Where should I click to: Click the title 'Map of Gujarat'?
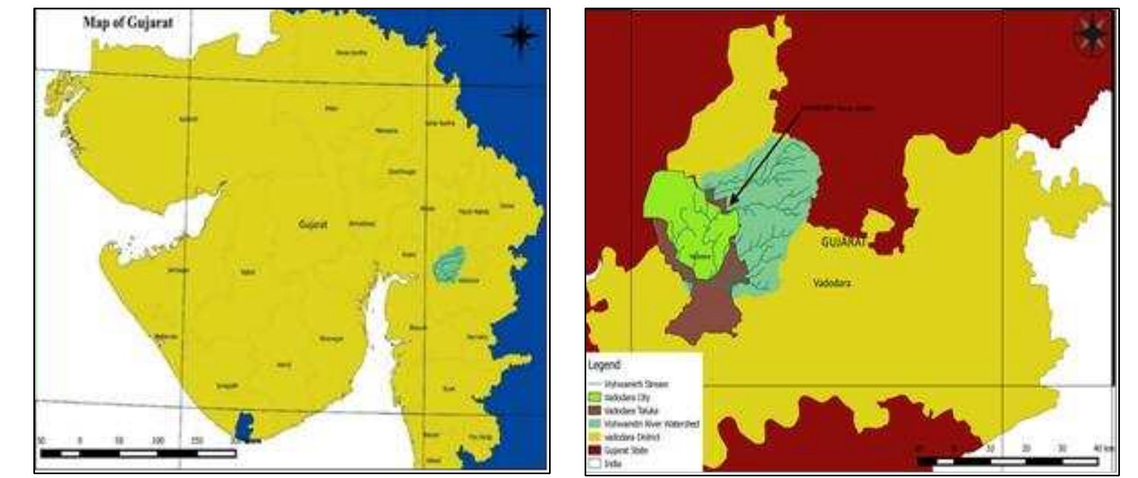click(128, 22)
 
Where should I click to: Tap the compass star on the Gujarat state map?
click(520, 34)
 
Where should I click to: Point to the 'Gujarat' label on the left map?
click(313, 224)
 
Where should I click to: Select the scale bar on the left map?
click(138, 453)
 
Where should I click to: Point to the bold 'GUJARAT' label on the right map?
click(844, 242)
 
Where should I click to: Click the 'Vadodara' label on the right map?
click(832, 283)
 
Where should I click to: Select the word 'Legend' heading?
click(604, 365)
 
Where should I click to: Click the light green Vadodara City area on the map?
click(672, 208)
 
